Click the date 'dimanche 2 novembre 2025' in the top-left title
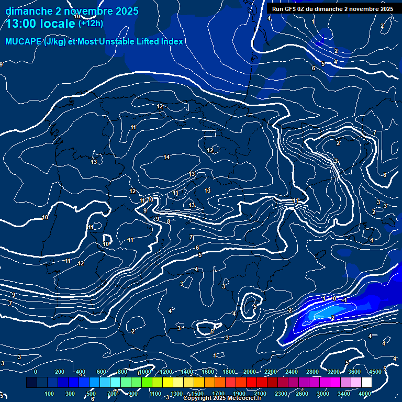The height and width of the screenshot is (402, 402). (72, 11)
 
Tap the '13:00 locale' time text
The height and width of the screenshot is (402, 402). (41, 24)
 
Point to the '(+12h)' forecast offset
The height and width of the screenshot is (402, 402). (91, 23)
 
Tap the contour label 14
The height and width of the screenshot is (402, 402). (166, 158)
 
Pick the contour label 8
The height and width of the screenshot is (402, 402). (169, 221)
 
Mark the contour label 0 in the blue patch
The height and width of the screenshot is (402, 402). (334, 298)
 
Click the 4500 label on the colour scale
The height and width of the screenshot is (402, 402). (375, 372)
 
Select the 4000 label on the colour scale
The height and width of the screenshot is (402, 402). (365, 394)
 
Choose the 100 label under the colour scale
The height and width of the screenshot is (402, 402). (50, 394)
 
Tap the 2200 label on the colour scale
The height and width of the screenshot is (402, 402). (271, 372)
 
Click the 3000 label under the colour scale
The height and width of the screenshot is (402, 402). (322, 394)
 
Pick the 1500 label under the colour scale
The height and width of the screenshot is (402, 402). (197, 394)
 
